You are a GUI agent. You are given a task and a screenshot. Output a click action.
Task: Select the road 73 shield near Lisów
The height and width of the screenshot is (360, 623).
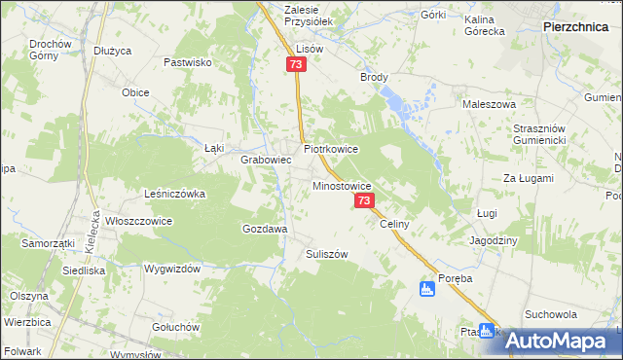(297, 64)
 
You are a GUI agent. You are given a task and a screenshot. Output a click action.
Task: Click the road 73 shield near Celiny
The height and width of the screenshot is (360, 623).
(364, 200)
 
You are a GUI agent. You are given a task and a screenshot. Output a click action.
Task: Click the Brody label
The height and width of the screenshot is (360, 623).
(375, 78)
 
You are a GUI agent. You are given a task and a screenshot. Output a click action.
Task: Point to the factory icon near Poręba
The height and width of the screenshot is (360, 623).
(426, 289)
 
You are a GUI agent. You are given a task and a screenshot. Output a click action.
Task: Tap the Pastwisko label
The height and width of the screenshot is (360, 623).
(188, 62)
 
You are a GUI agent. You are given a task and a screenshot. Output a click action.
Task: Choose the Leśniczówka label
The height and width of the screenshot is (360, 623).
(174, 194)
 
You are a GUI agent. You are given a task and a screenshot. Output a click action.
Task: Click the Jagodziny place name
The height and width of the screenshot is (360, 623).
(494, 240)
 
